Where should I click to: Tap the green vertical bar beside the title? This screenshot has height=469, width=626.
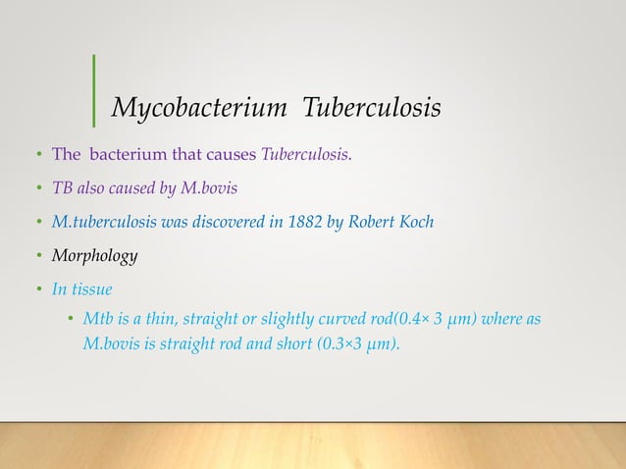click(x=94, y=91)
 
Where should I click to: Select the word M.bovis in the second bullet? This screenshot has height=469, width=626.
click(x=206, y=188)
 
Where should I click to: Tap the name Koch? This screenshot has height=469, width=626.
click(x=414, y=222)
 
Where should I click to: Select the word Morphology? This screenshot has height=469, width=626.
click(x=94, y=256)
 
